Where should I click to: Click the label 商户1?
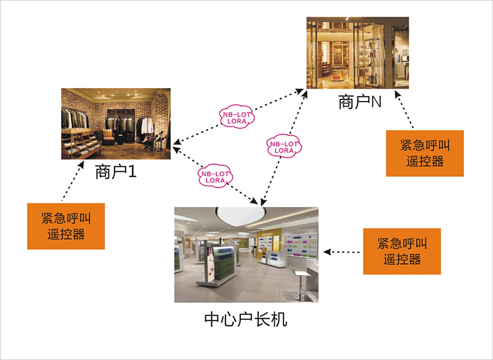pos(115,171)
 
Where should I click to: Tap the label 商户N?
pos(361,102)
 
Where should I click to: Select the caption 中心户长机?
pos(245,321)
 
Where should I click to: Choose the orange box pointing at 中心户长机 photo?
pos(402,252)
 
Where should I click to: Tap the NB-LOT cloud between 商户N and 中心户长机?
pos(283,145)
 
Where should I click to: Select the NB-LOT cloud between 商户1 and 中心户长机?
pos(214,176)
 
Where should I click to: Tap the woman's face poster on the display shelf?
pos(211,259)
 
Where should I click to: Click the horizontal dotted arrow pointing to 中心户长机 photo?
pos(343,252)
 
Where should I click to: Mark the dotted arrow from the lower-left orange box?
pos(72,182)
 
